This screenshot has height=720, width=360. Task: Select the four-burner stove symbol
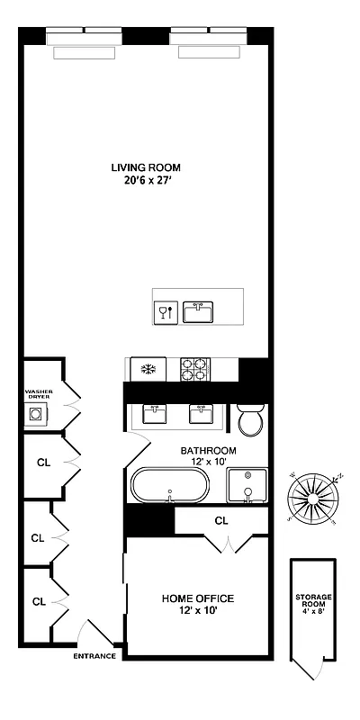coord(194,368)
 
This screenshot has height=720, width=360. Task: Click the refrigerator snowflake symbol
coord(145,368)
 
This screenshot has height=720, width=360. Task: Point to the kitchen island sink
coord(197,312)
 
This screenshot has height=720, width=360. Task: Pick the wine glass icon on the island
coord(164,312)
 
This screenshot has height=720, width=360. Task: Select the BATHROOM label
coord(208,450)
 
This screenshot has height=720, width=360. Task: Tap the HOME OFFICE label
coord(197,598)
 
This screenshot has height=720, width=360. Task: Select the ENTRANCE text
coord(94,656)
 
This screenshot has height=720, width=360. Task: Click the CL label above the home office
coord(221,520)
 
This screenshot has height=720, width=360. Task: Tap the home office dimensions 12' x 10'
coord(197,611)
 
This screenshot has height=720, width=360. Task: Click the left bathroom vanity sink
coord(153,413)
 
